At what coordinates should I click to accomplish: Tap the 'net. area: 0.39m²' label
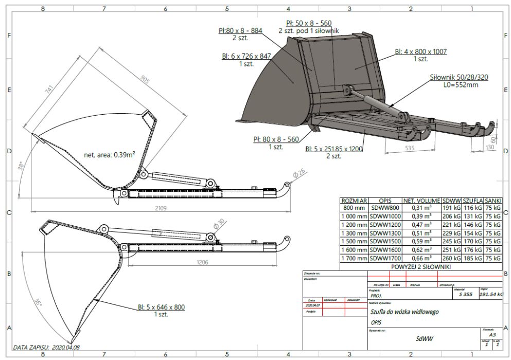coord(110,154)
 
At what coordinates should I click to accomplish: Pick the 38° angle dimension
coord(21,166)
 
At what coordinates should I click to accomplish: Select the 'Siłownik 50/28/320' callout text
coord(460,78)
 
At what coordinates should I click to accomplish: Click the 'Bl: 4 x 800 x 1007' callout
coord(420,51)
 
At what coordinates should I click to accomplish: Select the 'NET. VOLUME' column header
coord(421,201)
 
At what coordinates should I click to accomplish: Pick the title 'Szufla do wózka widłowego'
coord(404,312)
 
